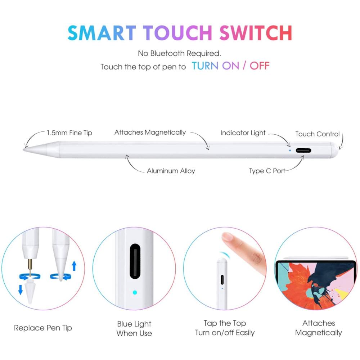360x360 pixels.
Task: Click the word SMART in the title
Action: tap(102, 33)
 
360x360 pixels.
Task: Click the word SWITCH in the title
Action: tap(256, 33)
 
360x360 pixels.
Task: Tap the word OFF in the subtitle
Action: tap(260, 66)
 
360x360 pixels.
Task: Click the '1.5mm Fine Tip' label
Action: tap(69, 133)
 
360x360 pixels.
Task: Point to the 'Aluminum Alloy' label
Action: tap(171, 171)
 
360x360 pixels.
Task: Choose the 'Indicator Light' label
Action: tap(243, 133)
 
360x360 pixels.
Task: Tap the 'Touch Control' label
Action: tap(317, 134)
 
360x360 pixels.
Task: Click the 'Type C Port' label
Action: tap(267, 171)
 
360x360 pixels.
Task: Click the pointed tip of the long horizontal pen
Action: tap(24, 150)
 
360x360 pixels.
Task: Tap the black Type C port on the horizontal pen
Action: tap(303, 150)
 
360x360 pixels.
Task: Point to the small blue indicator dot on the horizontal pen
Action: tap(290, 150)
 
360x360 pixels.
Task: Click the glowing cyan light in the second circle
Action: tap(135, 292)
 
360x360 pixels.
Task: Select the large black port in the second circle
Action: tap(135, 261)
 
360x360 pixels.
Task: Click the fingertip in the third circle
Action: tap(227, 237)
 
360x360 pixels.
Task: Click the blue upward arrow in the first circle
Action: tap(74, 266)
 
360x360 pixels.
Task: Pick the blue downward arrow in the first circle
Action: tap(21, 289)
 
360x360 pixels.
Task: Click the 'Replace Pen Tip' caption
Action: tap(43, 328)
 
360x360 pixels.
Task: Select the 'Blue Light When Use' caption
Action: tap(134, 329)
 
